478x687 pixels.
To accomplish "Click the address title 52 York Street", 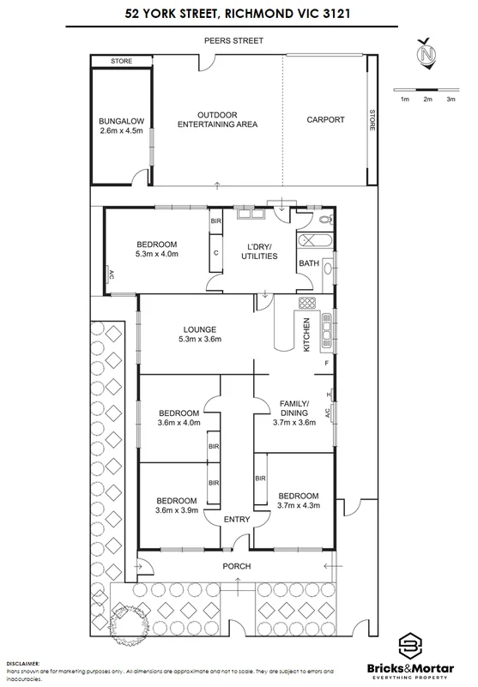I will pyautogui.click(x=239, y=15).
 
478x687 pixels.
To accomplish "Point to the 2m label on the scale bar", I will pyautogui.click(x=427, y=100).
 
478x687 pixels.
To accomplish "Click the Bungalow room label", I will pyautogui.click(x=118, y=125).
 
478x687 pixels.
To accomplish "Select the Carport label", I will pyautogui.click(x=325, y=120).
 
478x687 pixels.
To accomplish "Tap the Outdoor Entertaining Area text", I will pyautogui.click(x=217, y=119).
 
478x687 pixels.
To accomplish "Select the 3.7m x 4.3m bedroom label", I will pyautogui.click(x=297, y=500).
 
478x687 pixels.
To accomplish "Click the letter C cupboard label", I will pyautogui.click(x=216, y=253).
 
